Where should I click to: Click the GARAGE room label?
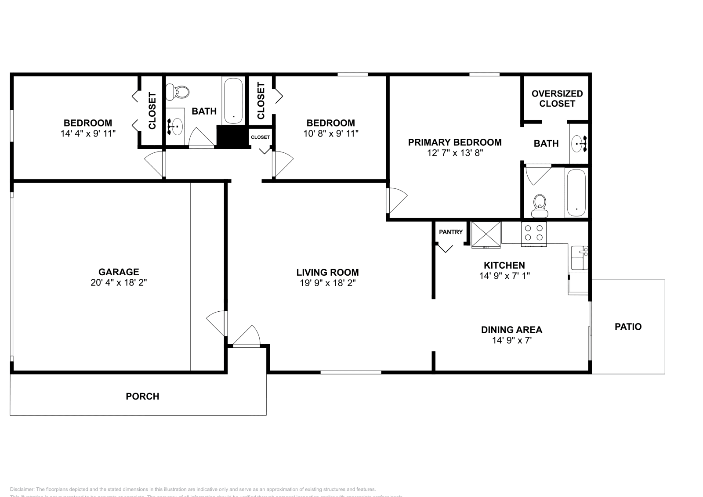(x=119, y=272)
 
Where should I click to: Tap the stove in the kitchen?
(x=533, y=233)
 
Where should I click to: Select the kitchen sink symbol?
(x=580, y=258)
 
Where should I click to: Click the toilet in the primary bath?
(x=540, y=206)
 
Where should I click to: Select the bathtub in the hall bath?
(x=233, y=101)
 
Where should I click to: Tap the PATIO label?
(x=628, y=327)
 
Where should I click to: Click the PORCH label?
(x=142, y=396)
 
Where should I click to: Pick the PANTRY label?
(x=451, y=232)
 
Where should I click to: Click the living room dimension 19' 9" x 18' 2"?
(x=327, y=283)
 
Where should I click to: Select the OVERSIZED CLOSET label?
(x=557, y=98)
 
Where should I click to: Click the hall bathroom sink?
(x=176, y=126)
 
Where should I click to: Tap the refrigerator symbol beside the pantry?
(x=486, y=235)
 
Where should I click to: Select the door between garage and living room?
(x=217, y=324)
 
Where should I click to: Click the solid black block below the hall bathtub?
(x=233, y=137)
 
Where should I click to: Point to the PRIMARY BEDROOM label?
(x=455, y=142)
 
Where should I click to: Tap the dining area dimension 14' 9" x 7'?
(x=511, y=340)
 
